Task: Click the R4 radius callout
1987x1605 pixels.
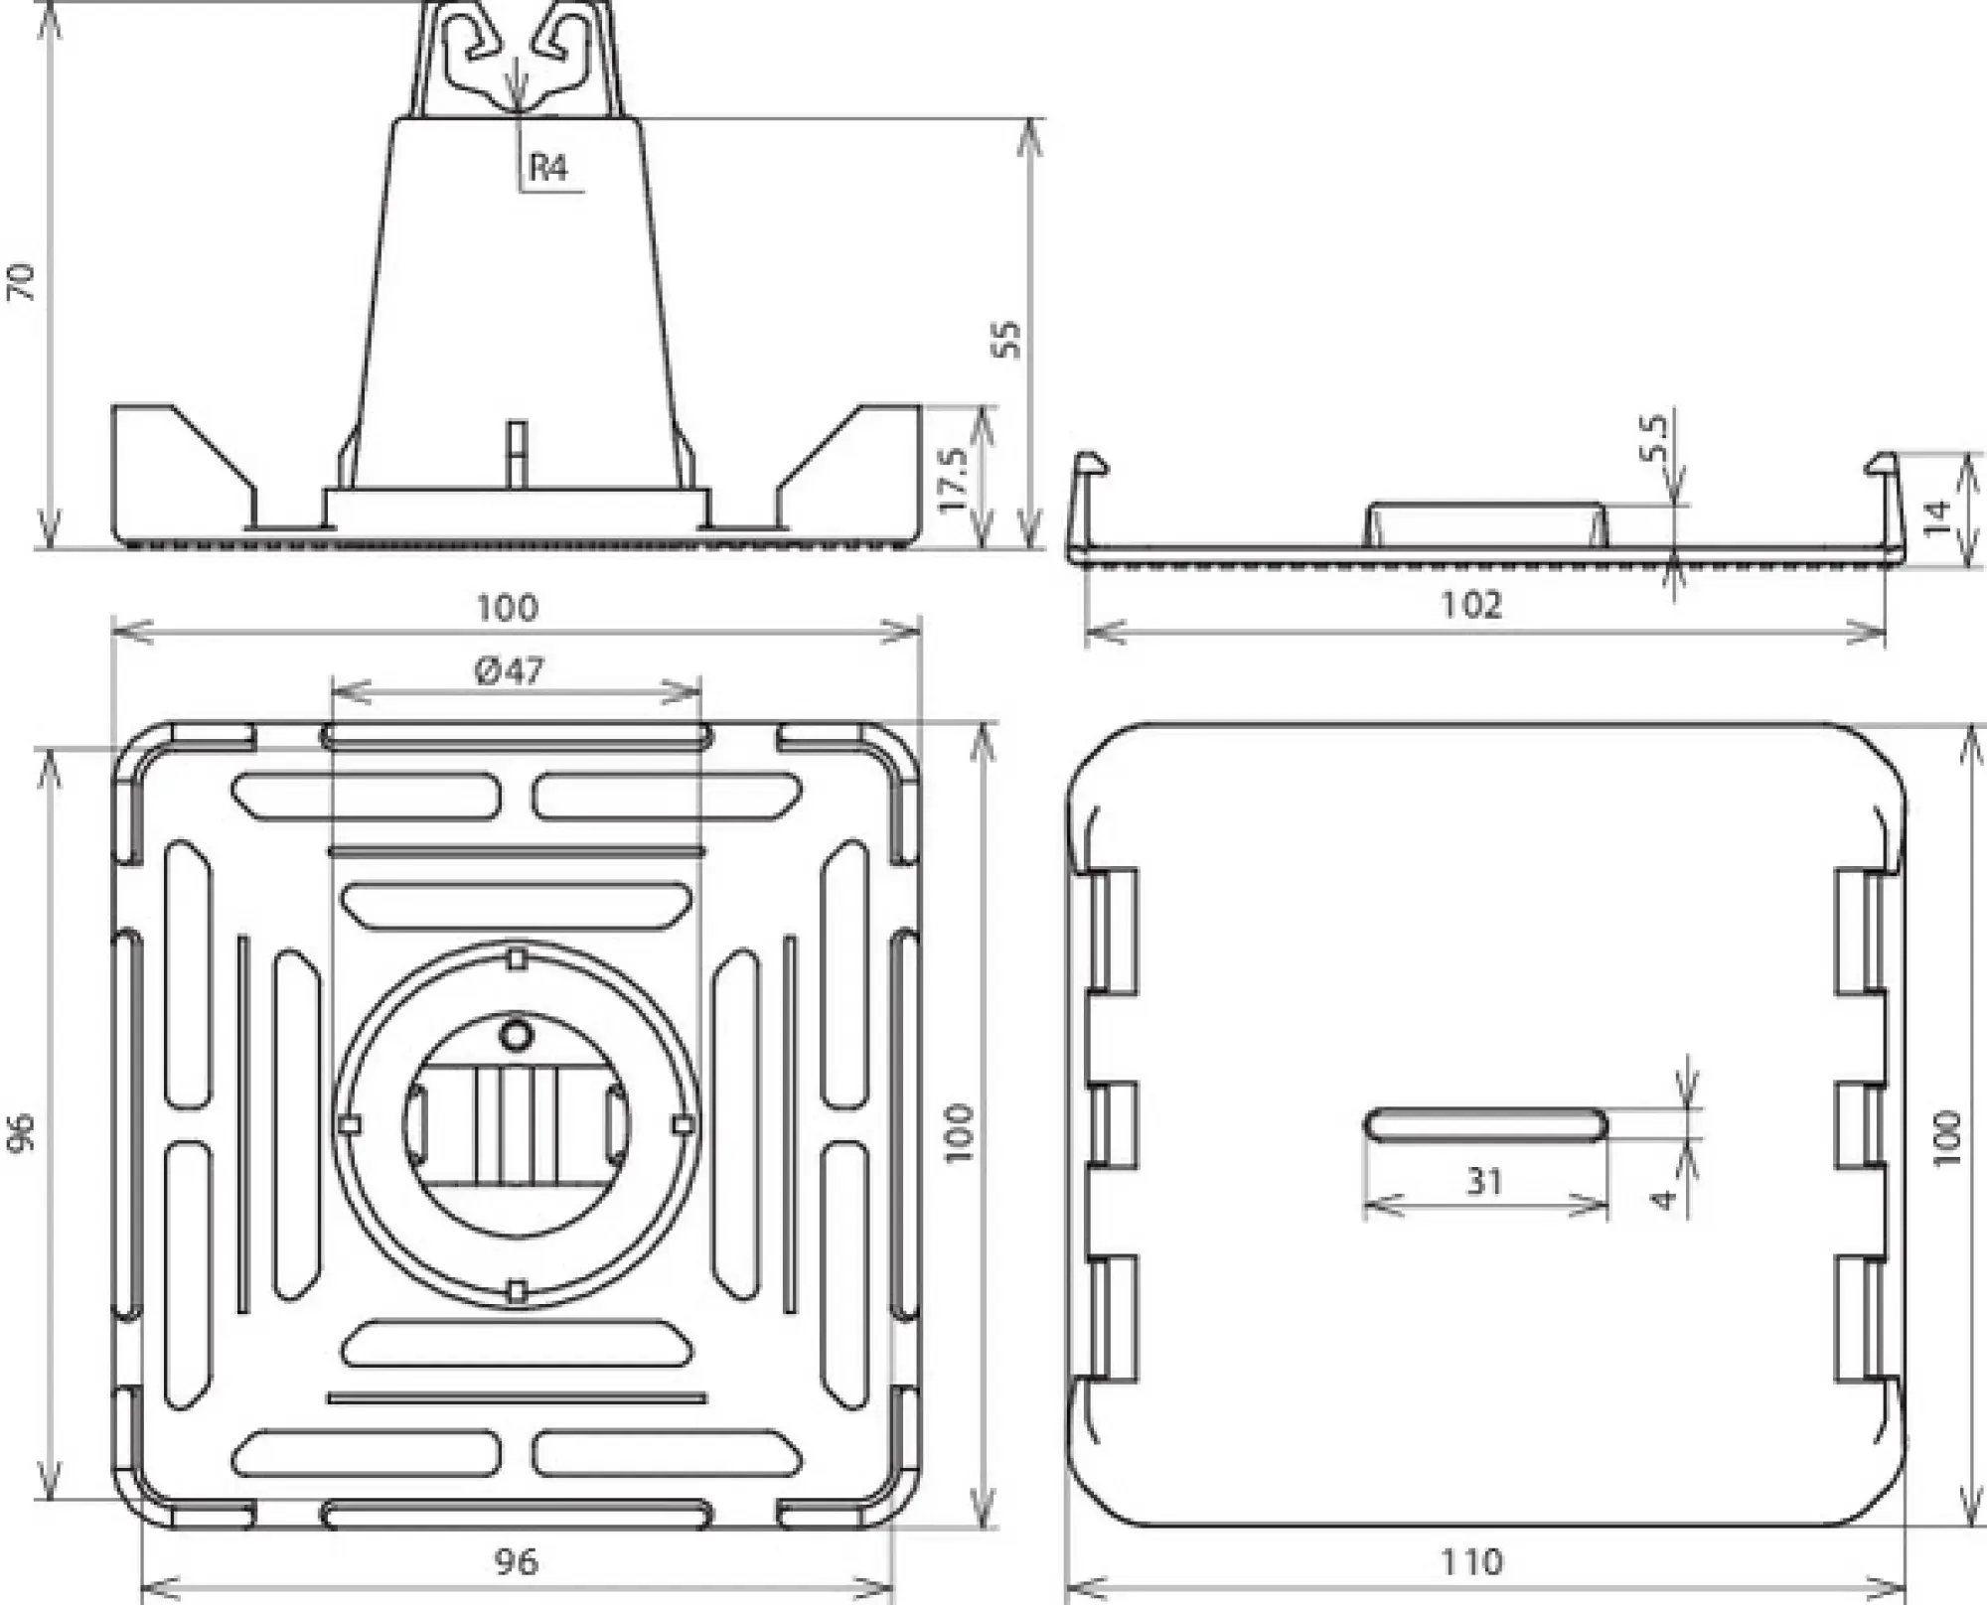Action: click(x=548, y=167)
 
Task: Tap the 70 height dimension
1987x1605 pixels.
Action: click(x=21, y=282)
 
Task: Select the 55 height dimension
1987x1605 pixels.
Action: click(x=1006, y=339)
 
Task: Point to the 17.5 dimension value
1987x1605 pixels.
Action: click(x=953, y=480)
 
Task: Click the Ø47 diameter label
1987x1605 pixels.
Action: click(x=510, y=672)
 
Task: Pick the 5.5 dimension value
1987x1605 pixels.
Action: click(x=1652, y=439)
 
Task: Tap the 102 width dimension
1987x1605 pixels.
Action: click(x=1471, y=605)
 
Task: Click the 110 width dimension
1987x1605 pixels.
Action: click(x=1471, y=1562)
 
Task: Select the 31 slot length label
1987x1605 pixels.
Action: click(x=1484, y=1181)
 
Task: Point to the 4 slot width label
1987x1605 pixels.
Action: click(x=1663, y=1199)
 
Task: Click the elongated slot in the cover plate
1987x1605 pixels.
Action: click(x=1485, y=1125)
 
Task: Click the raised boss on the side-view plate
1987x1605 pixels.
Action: click(x=1485, y=524)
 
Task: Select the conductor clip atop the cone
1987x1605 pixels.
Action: click(x=516, y=60)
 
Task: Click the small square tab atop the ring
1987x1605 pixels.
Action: click(x=516, y=958)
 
